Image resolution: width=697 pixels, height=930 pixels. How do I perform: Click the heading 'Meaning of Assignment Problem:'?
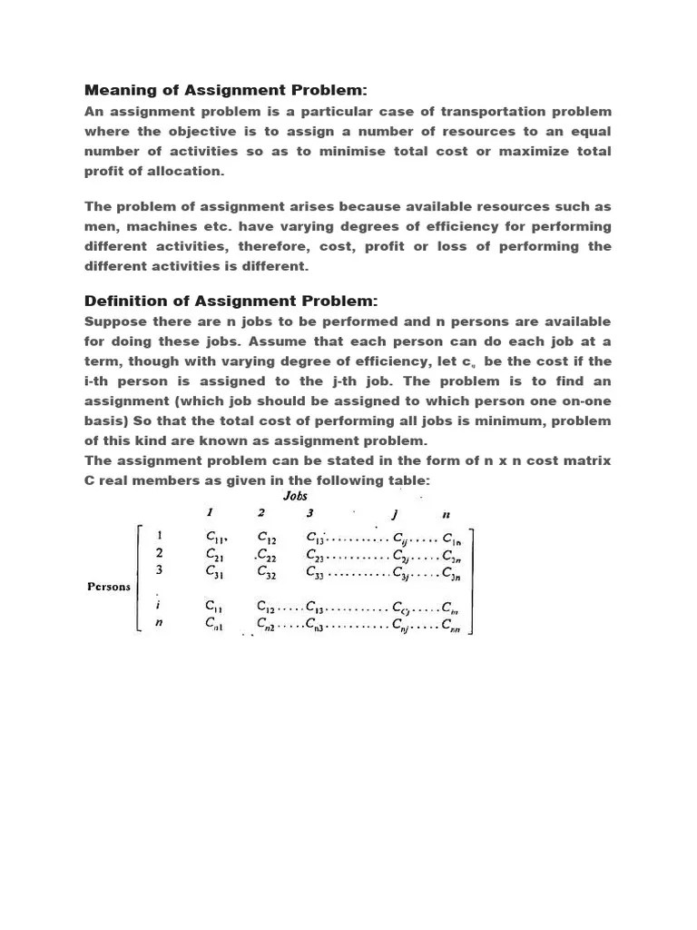[226, 90]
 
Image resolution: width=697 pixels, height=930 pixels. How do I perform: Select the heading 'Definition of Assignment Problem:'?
[231, 301]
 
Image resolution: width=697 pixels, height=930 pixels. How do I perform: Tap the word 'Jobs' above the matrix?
[296, 496]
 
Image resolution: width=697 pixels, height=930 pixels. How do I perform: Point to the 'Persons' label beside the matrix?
[108, 587]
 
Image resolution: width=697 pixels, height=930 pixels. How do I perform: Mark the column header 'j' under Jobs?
[396, 514]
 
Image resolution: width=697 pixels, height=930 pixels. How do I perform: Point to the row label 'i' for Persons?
[159, 605]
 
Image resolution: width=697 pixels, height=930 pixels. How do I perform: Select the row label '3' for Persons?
[160, 570]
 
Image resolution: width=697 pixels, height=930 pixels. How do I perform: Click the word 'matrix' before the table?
[582, 460]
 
